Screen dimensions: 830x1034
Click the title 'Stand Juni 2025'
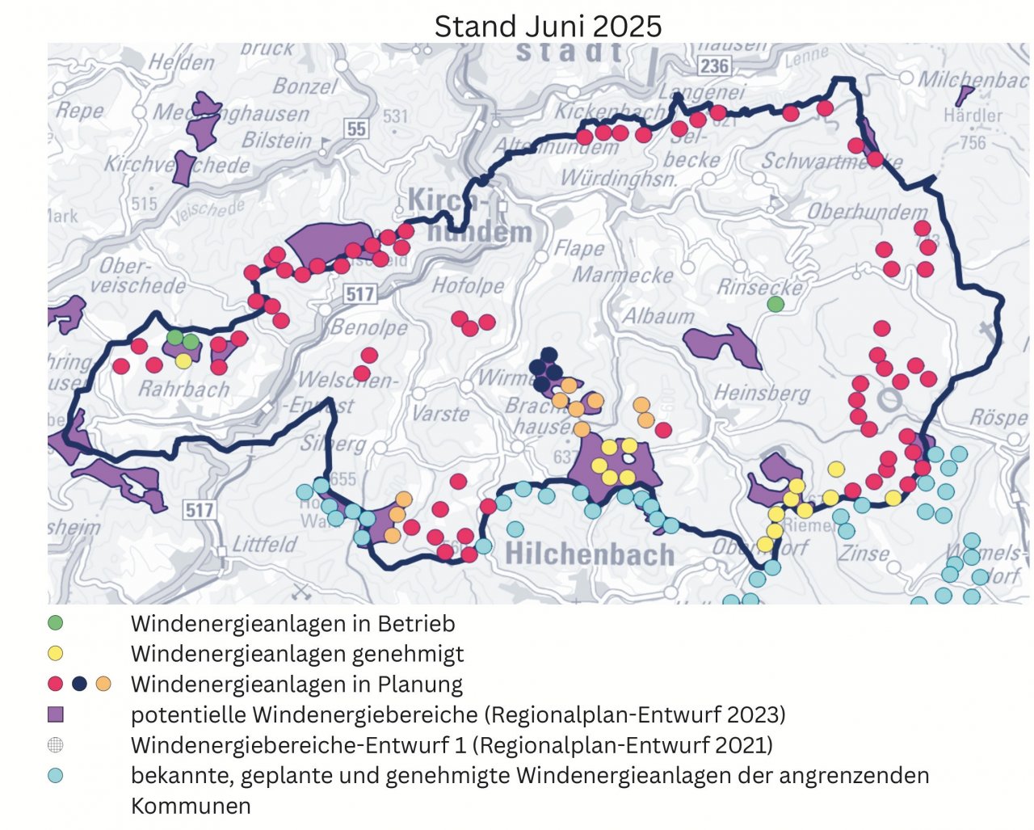point(548,26)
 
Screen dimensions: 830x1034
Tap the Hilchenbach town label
point(589,554)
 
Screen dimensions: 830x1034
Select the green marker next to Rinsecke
point(775,304)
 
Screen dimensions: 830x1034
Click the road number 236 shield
point(714,65)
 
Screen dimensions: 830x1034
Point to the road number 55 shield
point(355,129)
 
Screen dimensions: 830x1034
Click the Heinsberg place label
point(762,394)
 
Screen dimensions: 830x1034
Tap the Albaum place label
point(658,316)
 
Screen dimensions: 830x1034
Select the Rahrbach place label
point(184,390)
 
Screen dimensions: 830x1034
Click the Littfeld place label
point(264,545)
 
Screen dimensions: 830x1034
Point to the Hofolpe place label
point(468,285)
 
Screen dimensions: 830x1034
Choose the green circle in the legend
point(55,623)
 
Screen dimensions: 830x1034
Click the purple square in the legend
point(55,714)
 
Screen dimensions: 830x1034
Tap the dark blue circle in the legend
point(79,684)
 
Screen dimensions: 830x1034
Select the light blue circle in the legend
point(55,775)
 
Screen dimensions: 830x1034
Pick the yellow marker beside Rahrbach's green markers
point(184,361)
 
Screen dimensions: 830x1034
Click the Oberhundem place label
point(868,213)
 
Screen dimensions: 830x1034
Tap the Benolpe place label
point(369,328)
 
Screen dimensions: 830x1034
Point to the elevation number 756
point(973,143)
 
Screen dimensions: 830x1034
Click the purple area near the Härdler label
point(964,95)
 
